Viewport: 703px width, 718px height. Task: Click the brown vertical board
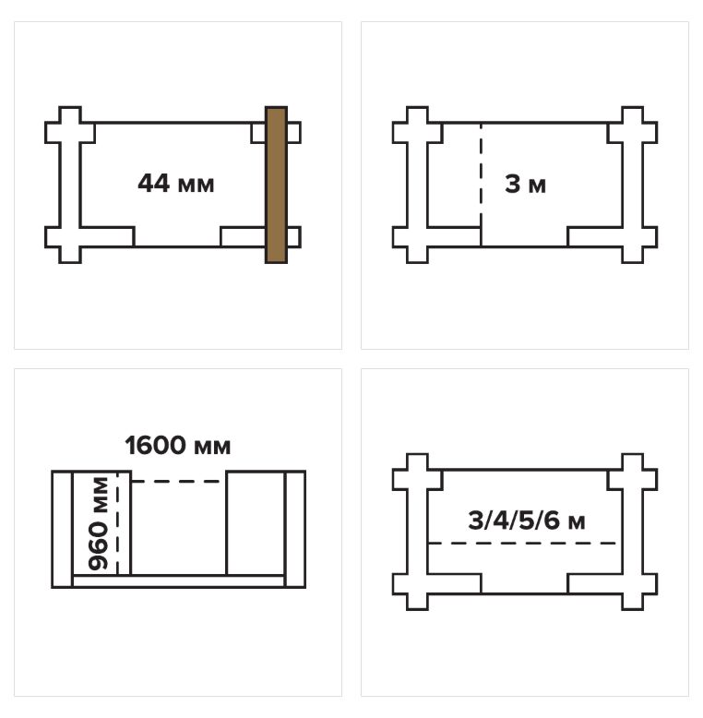point(276,185)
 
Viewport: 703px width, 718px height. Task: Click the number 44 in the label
point(154,183)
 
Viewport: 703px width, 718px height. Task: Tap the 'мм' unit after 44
point(196,185)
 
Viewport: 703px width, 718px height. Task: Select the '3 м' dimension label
point(526,184)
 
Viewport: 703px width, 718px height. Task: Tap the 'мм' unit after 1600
point(212,448)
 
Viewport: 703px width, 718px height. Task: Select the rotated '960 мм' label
point(99,523)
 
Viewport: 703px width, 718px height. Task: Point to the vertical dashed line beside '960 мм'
point(117,522)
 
